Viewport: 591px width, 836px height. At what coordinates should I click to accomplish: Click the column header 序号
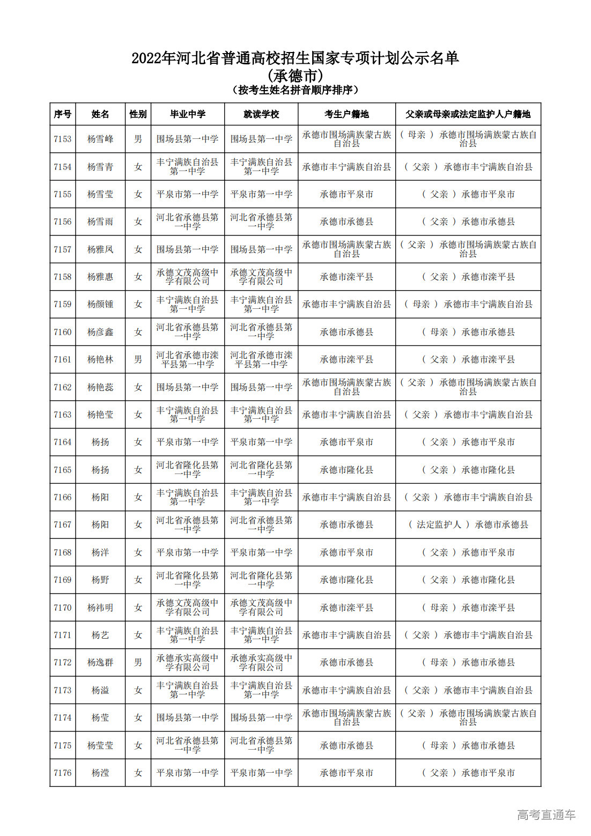pos(63,114)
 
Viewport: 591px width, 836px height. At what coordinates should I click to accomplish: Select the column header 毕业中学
pos(188,114)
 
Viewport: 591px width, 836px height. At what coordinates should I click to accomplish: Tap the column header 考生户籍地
pos(346,114)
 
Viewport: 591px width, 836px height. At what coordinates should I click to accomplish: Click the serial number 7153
pos(63,139)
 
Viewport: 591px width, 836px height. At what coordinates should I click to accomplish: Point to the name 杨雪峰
pos(100,139)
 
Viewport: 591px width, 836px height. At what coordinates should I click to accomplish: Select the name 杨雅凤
pos(100,249)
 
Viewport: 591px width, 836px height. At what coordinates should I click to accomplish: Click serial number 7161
pos(63,359)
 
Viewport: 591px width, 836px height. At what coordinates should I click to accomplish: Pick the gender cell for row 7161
pos(138,359)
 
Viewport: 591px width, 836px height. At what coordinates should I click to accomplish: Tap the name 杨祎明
pos(100,608)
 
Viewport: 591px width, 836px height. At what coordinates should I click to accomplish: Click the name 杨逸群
pos(100,662)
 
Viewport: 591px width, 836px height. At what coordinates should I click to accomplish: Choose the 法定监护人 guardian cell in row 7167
pos(468,524)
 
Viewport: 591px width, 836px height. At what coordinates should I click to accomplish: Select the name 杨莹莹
pos(100,745)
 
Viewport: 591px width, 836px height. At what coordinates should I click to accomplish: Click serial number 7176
pos(63,773)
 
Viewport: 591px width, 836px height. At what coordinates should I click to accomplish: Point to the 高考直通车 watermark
pos(546,815)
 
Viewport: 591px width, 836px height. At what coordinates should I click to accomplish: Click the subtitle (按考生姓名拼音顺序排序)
pos(295,90)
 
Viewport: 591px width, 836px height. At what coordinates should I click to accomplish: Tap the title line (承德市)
pos(295,76)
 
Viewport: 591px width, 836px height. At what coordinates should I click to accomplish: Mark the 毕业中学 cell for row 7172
pos(188,662)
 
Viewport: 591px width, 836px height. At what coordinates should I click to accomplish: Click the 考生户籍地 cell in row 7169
pos(346,580)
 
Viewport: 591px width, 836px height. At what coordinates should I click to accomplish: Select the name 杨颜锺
pos(100,304)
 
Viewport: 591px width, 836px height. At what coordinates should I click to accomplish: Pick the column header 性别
pos(138,114)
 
